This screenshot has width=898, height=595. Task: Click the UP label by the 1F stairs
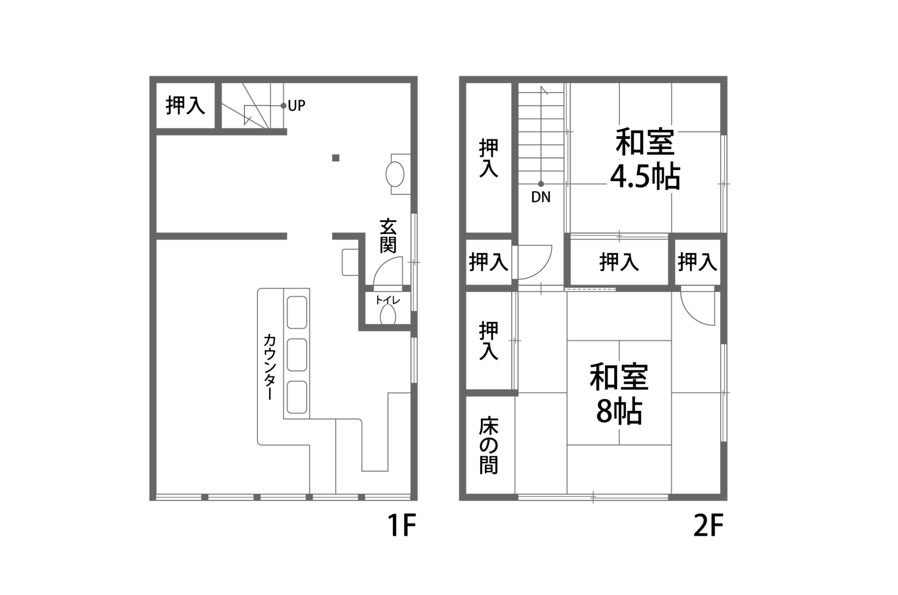(296, 106)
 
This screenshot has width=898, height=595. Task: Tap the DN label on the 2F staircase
(541, 197)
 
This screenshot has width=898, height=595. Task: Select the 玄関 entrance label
(388, 236)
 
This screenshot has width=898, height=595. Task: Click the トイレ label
(387, 300)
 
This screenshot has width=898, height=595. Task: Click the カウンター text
(270, 367)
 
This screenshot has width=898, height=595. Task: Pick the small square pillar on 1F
(336, 158)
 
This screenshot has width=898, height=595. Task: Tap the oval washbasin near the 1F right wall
(395, 174)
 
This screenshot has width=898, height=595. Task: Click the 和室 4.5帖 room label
(645, 159)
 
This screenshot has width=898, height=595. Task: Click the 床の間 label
(488, 445)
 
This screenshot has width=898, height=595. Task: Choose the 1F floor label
(401, 526)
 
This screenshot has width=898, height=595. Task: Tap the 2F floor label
(708, 526)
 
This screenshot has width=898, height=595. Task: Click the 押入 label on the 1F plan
(185, 105)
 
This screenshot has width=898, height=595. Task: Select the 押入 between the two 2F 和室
(619, 262)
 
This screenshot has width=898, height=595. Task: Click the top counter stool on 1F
(297, 313)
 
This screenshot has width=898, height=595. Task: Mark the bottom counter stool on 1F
(297, 397)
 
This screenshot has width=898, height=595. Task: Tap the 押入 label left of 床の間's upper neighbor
(488, 341)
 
